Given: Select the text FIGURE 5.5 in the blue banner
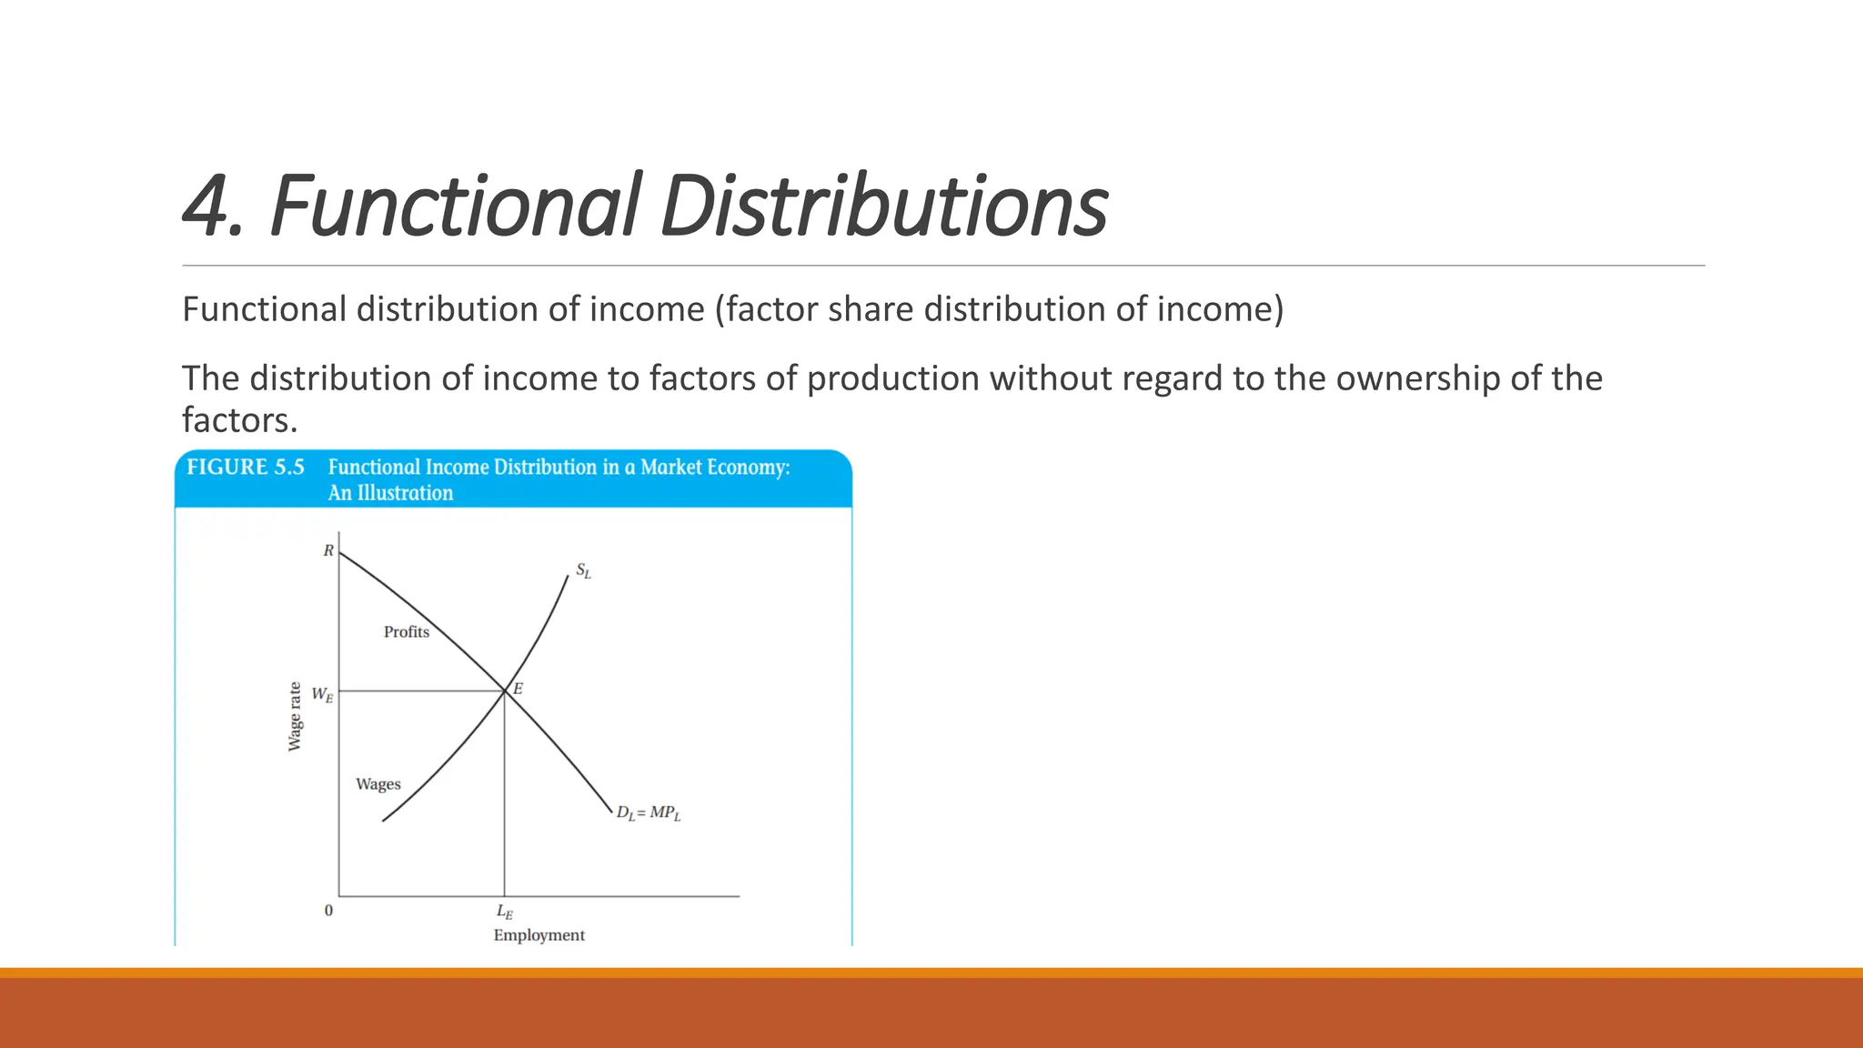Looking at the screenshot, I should click(x=245, y=468).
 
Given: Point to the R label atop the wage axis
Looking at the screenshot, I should click(x=328, y=550).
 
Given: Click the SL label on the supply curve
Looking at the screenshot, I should click(x=583, y=571).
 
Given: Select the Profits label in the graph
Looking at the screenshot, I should click(x=406, y=631).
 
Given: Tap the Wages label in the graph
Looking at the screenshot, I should click(x=378, y=784).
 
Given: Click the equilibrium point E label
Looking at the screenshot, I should click(x=518, y=689).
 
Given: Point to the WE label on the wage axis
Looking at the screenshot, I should click(x=322, y=695).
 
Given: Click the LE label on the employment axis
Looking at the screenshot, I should click(x=504, y=912).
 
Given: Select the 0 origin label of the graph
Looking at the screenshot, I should click(x=328, y=911).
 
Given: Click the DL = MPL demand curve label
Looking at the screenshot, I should click(x=648, y=813).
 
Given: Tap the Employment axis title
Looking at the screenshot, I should click(x=539, y=935).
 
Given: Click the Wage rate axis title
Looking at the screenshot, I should click(x=295, y=716).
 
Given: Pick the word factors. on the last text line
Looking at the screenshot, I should click(x=239, y=420).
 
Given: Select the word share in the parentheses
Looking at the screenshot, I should click(x=872, y=309).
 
